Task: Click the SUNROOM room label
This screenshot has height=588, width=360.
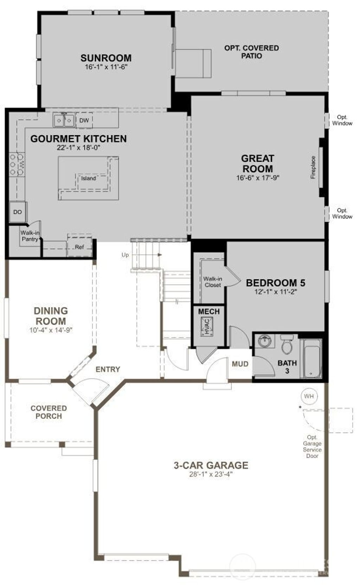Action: tap(106, 58)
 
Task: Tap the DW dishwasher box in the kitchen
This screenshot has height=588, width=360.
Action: tap(84, 121)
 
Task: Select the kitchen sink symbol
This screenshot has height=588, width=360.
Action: tap(64, 121)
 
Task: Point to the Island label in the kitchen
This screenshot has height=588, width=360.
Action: tap(89, 179)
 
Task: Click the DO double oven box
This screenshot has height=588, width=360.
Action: tap(18, 212)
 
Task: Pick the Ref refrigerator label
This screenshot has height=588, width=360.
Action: tap(79, 247)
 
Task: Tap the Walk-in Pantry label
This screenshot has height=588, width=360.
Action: tap(30, 236)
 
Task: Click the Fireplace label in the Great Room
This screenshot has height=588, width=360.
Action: tap(313, 167)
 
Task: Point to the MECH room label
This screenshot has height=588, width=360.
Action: tap(209, 311)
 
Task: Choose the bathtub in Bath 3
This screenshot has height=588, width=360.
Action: tap(312, 358)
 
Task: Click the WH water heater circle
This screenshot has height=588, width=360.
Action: tap(309, 396)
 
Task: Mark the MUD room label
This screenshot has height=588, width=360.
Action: tap(240, 364)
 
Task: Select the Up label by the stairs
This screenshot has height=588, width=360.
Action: tap(125, 255)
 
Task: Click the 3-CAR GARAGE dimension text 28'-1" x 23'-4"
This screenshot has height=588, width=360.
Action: tap(211, 474)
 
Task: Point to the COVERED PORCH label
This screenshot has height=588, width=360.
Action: tap(49, 412)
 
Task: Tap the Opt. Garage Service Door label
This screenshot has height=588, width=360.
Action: tap(312, 446)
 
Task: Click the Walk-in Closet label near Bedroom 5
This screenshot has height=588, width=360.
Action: tap(213, 282)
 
